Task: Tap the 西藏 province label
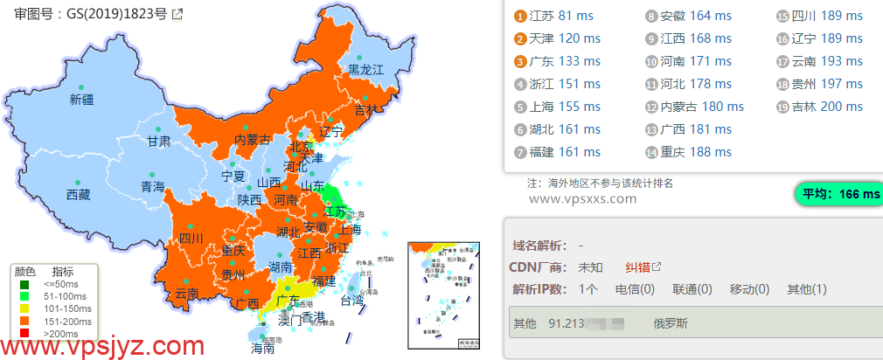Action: click(78, 195)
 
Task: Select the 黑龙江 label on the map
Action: click(366, 69)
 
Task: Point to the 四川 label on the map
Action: click(191, 239)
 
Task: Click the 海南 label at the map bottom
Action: click(262, 348)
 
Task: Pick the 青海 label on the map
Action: click(153, 187)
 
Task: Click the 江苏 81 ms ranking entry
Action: click(563, 16)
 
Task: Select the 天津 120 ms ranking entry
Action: click(564, 38)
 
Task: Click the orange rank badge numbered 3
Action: click(520, 61)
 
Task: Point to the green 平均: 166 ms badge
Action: click(837, 194)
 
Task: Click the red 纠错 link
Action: click(637, 267)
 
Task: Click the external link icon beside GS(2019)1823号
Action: click(177, 14)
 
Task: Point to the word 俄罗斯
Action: click(671, 323)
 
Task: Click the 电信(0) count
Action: click(636, 289)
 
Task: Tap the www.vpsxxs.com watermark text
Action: click(583, 198)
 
